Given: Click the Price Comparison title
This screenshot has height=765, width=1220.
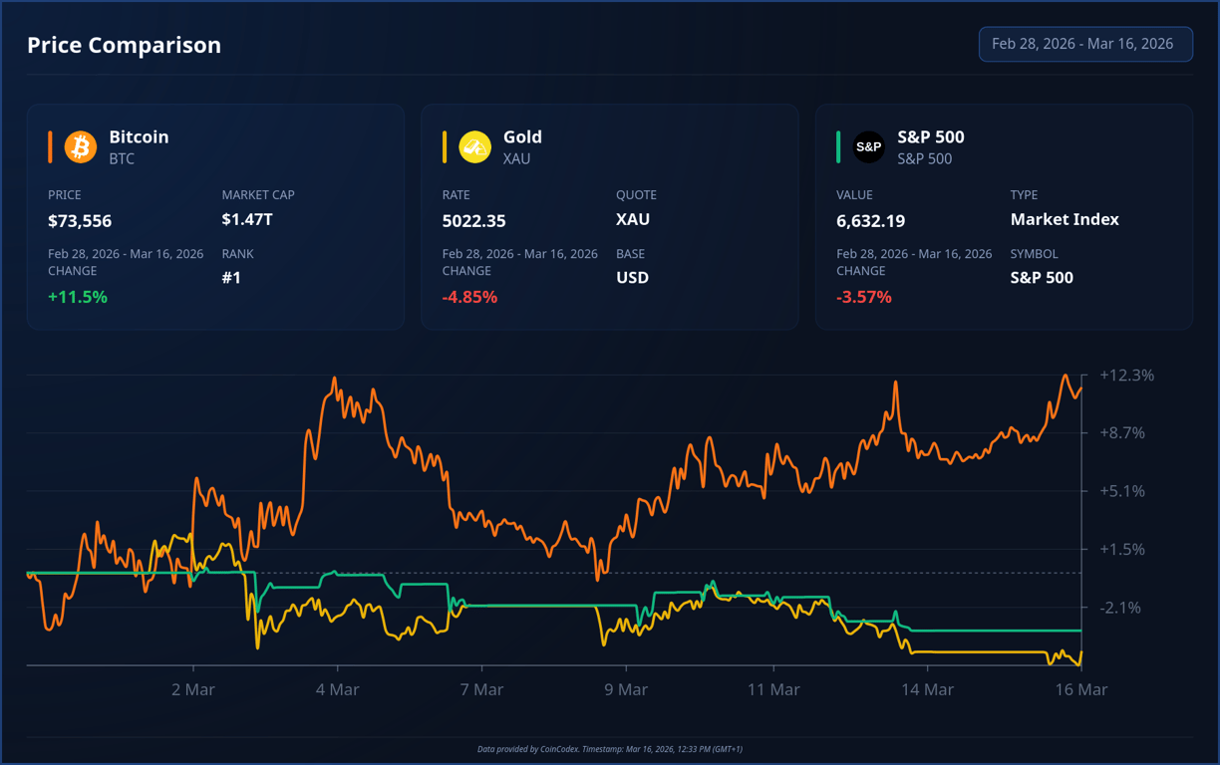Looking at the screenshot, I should pos(124,45).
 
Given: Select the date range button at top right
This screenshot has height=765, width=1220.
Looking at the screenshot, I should pos(1084,44).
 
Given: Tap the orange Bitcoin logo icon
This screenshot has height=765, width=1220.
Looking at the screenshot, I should pos(80,146).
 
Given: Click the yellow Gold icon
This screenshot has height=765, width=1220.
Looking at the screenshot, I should pos(474,146).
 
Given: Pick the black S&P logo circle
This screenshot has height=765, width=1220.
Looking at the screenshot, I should pos(868,146).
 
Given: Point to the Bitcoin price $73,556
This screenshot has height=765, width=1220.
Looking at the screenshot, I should pos(80,221).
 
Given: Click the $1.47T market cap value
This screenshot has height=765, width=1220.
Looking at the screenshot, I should pos(247,219).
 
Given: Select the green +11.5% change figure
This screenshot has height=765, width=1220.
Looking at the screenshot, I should pos(78,297).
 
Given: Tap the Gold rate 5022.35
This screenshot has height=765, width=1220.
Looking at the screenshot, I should pos(473,221).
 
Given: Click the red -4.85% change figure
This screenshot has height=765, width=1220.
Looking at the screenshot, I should pos(469,297).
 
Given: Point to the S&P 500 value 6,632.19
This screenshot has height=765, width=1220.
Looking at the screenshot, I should pos(870,221).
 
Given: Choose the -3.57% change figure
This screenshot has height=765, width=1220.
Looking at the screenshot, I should pos(864,297).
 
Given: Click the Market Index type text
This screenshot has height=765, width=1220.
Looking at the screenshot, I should pos(1065,219).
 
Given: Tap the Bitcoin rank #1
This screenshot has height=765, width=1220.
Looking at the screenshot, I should pos(231,278).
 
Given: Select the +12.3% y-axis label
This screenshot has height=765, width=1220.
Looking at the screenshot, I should pos(1126,376).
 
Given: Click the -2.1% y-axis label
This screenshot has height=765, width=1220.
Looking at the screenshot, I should pos(1121,608).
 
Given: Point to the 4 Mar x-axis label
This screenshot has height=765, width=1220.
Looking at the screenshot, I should pos(337,689).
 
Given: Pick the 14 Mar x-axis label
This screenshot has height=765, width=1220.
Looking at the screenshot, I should pos(927,689).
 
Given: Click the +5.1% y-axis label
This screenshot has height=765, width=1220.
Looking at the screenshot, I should pos(1122,491).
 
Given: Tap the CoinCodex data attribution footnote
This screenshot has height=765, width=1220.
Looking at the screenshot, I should pos(610,749).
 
